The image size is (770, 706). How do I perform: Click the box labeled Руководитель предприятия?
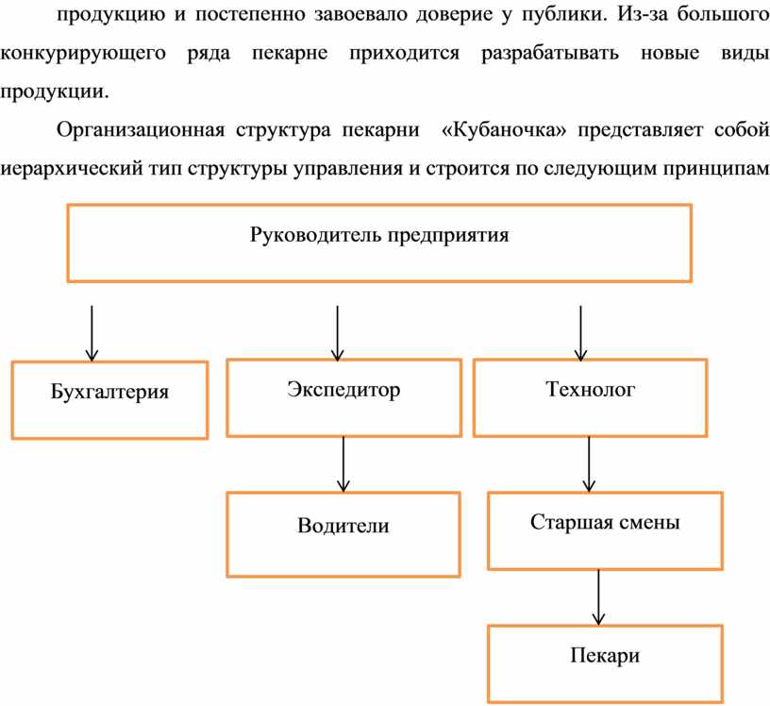point(379,244)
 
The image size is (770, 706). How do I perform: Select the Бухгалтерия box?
point(109,400)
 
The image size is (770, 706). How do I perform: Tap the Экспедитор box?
point(343,397)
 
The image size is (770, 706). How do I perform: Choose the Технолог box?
point(590,397)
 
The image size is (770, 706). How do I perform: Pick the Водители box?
point(343,534)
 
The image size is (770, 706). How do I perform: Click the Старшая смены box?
point(605,530)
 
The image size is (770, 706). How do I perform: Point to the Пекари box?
point(605,664)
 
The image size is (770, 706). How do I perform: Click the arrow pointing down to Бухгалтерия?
point(92,333)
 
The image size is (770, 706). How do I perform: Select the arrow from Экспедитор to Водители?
point(343,464)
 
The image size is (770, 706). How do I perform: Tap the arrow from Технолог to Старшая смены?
point(589,464)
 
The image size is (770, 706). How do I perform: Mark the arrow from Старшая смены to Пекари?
point(598,597)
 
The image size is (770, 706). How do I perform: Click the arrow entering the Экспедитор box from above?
point(338,333)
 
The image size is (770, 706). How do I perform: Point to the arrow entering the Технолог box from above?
point(581,333)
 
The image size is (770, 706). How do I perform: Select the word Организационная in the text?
point(141,130)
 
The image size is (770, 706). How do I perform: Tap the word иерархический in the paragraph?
point(71,170)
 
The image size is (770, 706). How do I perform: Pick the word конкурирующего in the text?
point(83,54)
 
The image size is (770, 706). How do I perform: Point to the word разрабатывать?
point(550,54)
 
